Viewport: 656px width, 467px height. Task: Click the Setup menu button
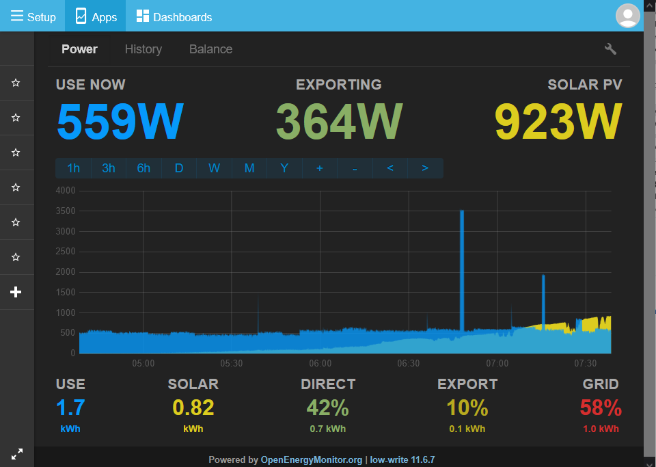33,16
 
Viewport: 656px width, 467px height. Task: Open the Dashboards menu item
174,16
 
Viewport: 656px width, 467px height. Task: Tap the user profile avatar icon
627,16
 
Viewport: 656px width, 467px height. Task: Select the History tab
143,49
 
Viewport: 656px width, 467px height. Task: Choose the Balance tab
211,49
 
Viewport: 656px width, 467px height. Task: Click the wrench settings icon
610,49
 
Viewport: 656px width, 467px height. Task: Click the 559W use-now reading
120,121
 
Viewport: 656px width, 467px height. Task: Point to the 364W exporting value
340,121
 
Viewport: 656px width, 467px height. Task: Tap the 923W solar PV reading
558,121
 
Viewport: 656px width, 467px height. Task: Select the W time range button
214,168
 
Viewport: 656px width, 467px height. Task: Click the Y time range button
284,168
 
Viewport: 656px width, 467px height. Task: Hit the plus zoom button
320,168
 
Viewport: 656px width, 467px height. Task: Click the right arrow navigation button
425,168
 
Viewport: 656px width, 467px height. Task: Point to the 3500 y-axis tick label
66,211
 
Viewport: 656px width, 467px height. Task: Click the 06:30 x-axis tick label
409,363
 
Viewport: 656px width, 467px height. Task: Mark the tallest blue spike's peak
462,211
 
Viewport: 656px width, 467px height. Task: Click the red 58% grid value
601,408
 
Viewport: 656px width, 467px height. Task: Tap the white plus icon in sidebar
16,292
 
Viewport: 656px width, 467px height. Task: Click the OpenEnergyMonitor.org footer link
312,460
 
